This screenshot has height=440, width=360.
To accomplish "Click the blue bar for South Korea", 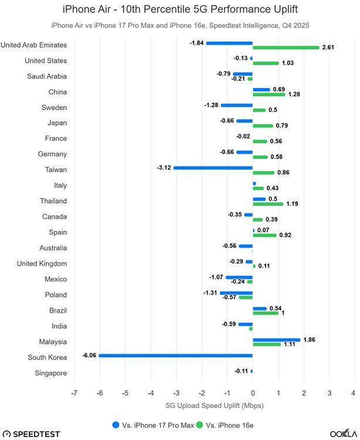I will pyautogui.click(x=175, y=355).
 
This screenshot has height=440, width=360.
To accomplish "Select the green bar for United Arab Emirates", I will pyautogui.click(x=286, y=48).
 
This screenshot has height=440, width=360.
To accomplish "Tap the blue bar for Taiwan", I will pyautogui.click(x=213, y=168).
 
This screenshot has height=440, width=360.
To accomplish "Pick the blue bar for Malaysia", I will pyautogui.click(x=276, y=340).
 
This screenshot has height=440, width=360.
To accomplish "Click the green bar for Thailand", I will pyautogui.click(x=268, y=204).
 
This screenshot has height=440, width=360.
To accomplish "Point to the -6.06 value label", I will pyautogui.click(x=89, y=355).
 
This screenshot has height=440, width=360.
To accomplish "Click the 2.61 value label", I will pyautogui.click(x=329, y=48).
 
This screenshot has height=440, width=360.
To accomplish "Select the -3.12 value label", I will pyautogui.click(x=164, y=168).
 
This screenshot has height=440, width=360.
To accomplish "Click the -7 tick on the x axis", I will pyautogui.click(x=74, y=392).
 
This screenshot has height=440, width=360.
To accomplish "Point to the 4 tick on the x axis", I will pyautogui.click(x=354, y=392).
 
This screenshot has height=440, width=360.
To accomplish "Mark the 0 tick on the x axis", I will pyautogui.click(x=253, y=392).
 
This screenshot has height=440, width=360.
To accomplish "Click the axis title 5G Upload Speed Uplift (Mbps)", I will pyautogui.click(x=214, y=404).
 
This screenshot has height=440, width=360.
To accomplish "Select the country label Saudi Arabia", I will pyautogui.click(x=47, y=76).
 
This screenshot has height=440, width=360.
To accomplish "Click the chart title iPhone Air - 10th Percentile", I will pyautogui.click(x=180, y=9).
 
